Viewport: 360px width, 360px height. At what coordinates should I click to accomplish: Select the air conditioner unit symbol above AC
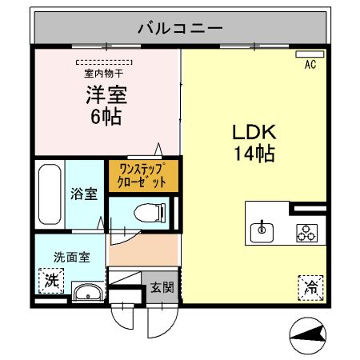tap(308, 56)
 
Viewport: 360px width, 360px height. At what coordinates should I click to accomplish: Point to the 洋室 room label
tap(106, 95)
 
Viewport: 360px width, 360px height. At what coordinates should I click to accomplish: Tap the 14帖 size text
tap(254, 154)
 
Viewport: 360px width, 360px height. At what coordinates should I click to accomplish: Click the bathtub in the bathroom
tap(50, 196)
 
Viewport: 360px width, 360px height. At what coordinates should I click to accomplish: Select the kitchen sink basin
tap(261, 232)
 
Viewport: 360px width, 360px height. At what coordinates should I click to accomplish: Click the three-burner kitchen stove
tap(306, 232)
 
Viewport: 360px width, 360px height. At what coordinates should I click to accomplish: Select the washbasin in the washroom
tap(86, 292)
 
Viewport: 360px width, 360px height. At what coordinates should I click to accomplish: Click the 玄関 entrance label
tap(157, 287)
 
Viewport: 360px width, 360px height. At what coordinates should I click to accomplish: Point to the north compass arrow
tap(307, 335)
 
